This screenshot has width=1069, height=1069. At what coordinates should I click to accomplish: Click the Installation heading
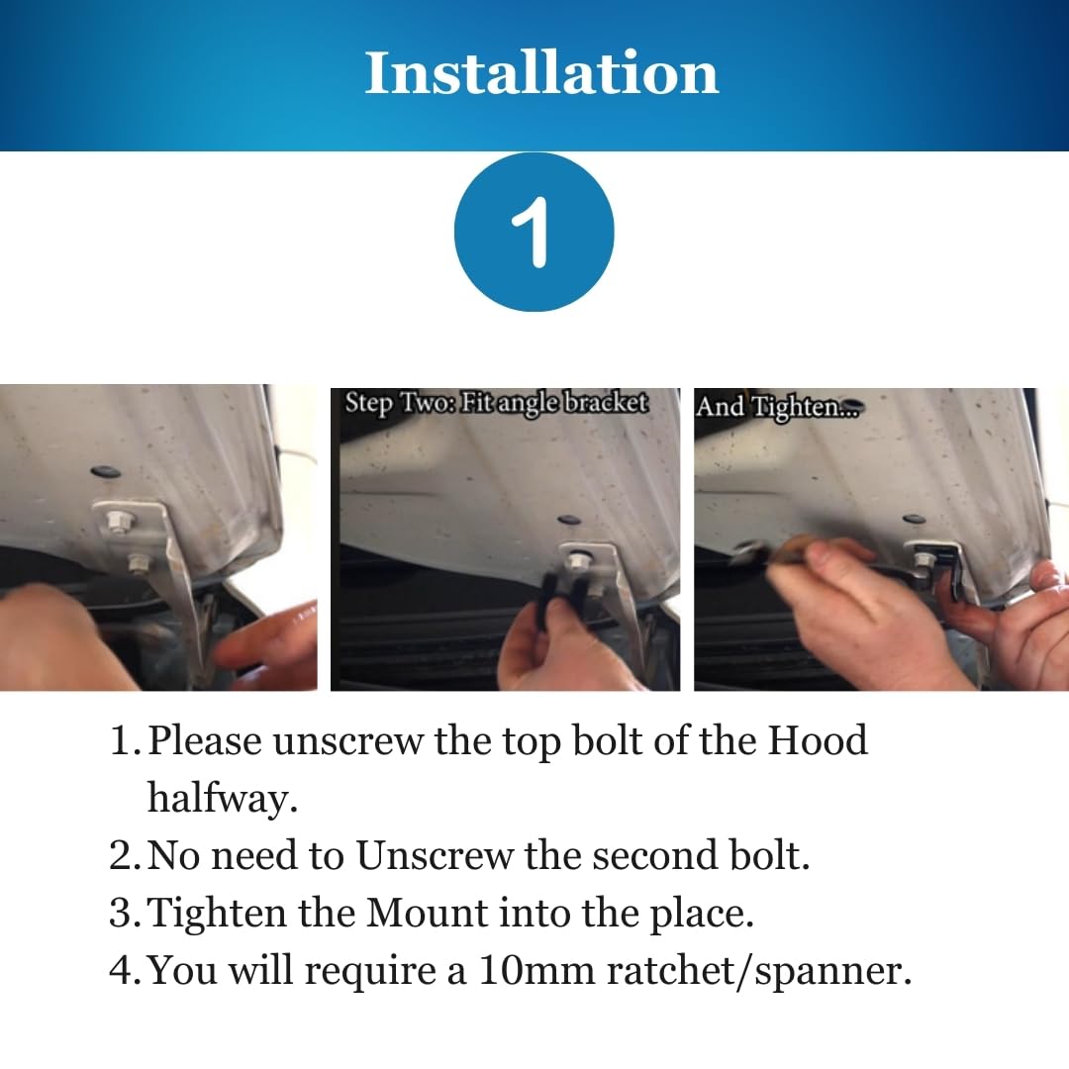[541, 73]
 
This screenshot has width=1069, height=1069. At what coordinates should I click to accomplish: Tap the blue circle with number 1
[534, 232]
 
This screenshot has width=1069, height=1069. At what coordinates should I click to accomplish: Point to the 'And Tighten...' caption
[779, 407]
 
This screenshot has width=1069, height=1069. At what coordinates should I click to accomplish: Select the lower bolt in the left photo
[139, 563]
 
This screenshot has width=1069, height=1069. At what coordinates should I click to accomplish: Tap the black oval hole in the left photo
[106, 472]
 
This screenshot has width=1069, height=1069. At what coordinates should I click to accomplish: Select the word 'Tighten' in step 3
[217, 914]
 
